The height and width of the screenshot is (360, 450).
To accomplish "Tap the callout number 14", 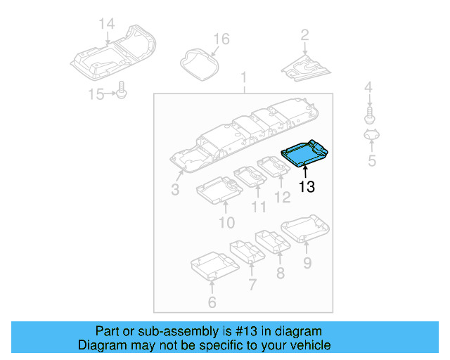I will pyautogui.click(x=106, y=24).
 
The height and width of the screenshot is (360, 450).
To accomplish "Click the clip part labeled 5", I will pyautogui.click(x=371, y=136).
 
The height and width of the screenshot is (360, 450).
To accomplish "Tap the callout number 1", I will pyautogui.click(x=244, y=76).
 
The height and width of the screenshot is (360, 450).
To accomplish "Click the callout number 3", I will pyautogui.click(x=175, y=190).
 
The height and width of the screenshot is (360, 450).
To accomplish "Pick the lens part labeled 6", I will pyautogui.click(x=212, y=268).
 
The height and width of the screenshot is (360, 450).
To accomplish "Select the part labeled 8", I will pyautogui.click(x=273, y=241).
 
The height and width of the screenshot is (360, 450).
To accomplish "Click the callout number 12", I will pyautogui.click(x=282, y=198).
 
